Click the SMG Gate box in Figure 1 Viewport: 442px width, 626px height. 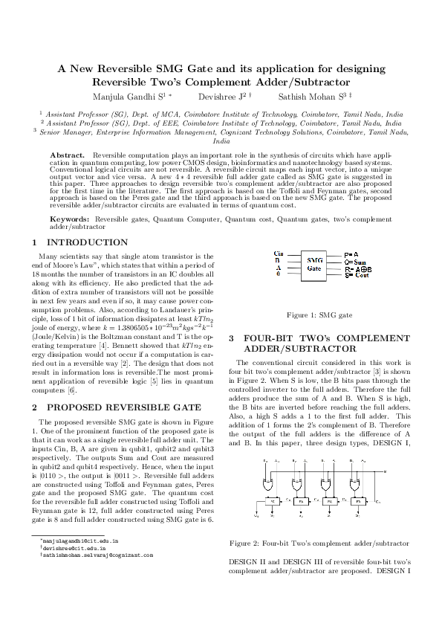coord(313,264)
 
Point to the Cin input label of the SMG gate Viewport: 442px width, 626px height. coord(278,254)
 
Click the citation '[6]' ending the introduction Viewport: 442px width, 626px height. coord(71,390)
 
